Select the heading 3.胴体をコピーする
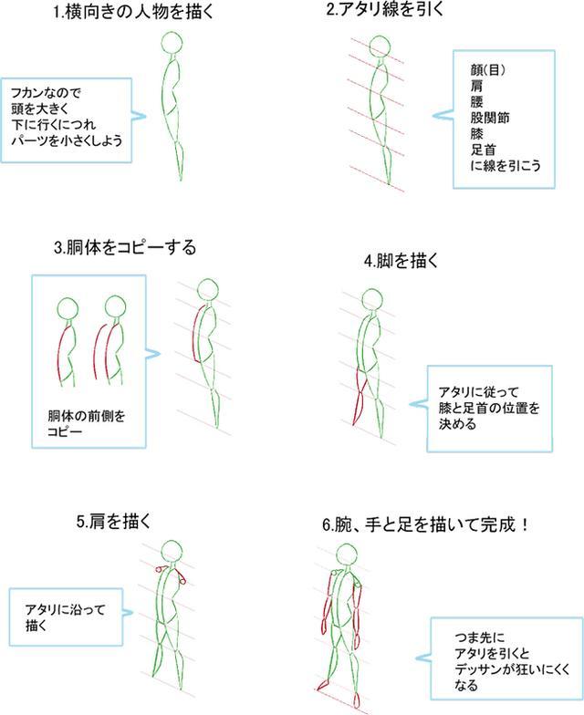[125, 247]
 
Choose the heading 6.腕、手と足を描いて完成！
[427, 526]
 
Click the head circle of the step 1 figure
[172, 45]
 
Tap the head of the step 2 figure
[381, 49]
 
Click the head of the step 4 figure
[371, 300]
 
